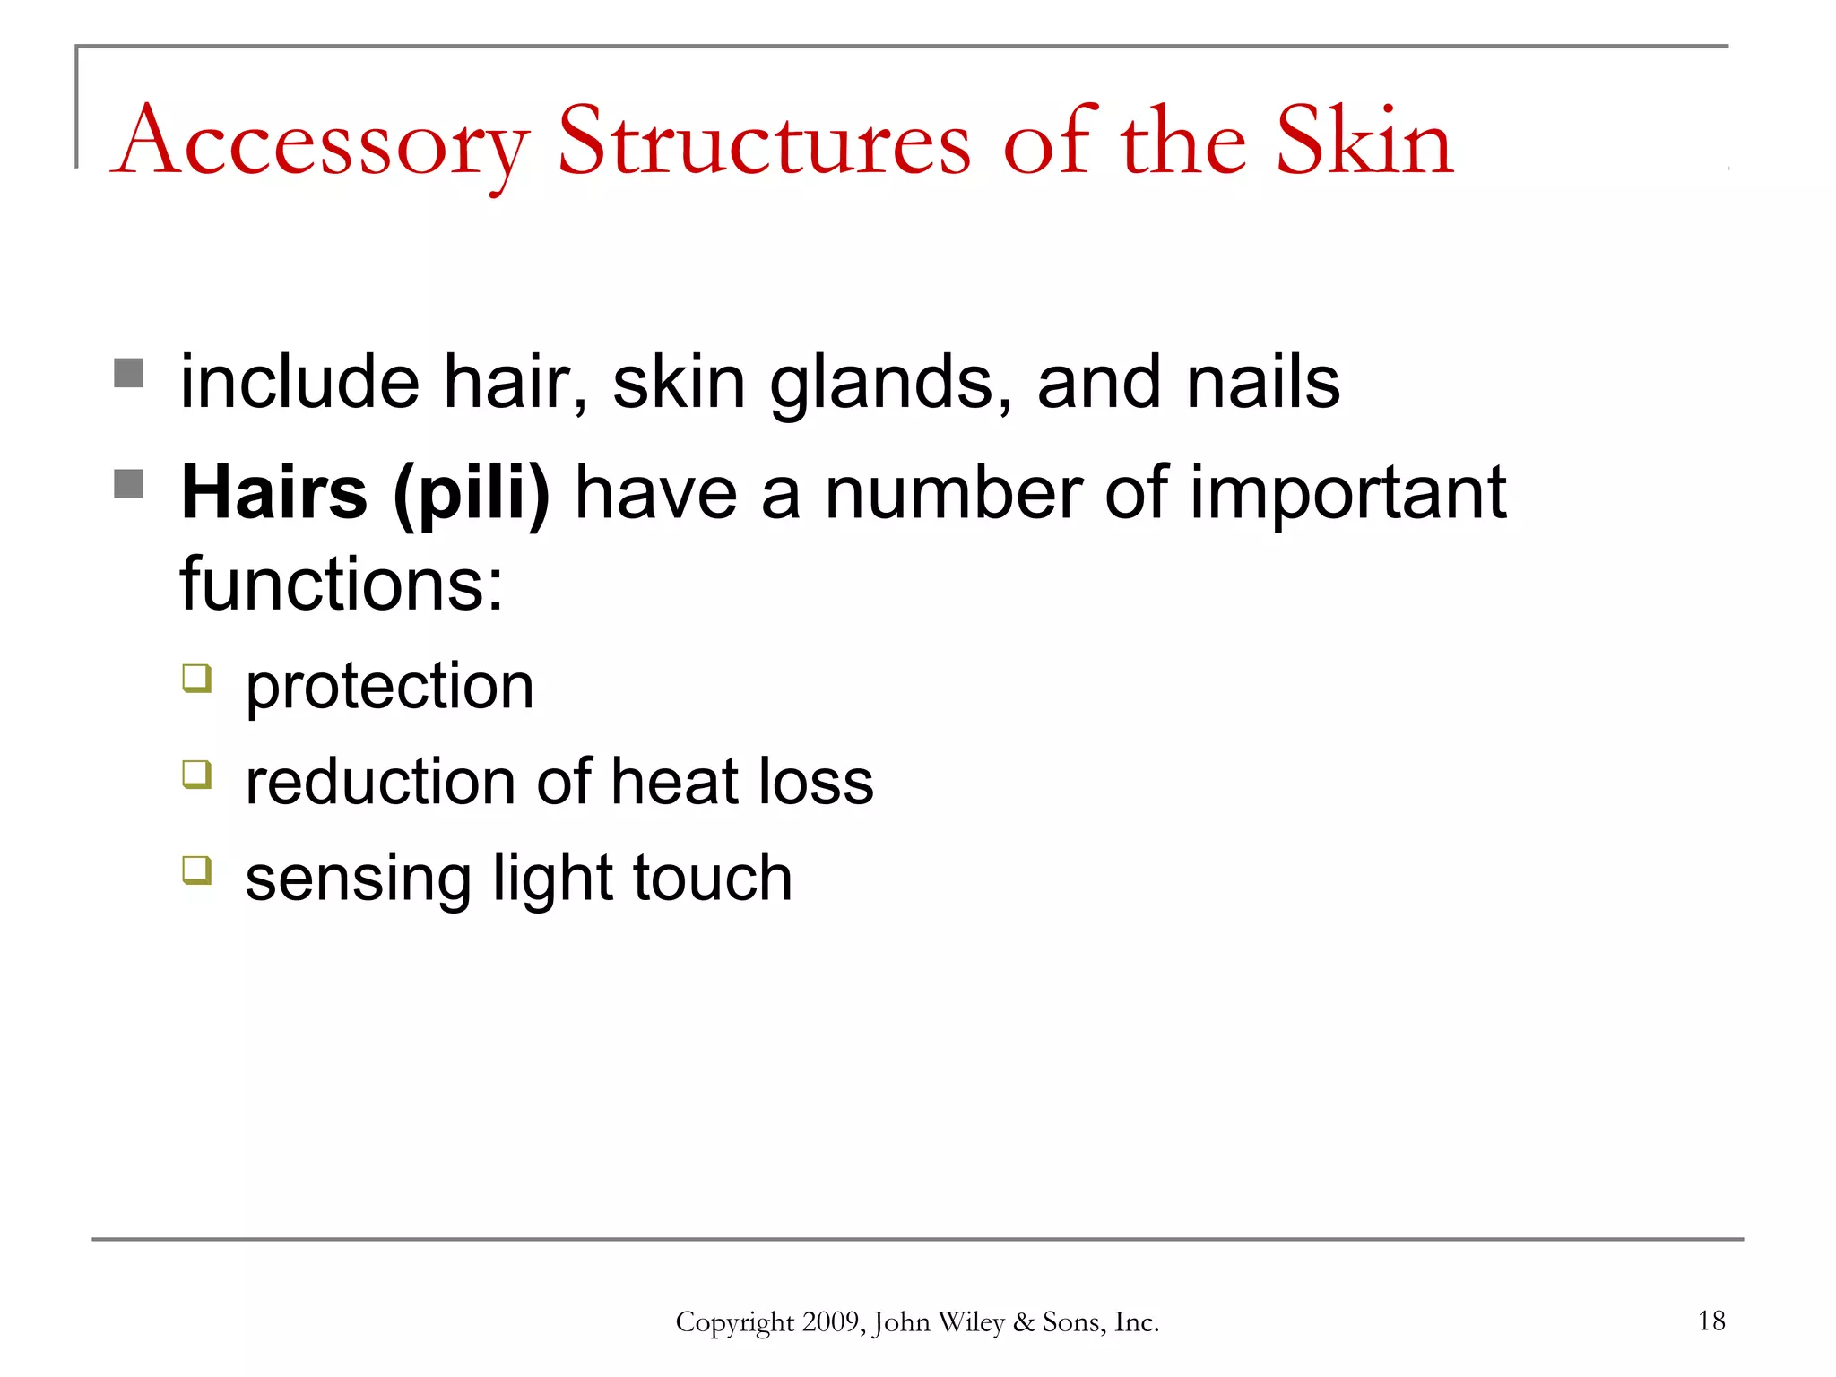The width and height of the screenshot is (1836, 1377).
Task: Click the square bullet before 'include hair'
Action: click(129, 373)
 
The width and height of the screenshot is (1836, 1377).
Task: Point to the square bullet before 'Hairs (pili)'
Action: click(129, 484)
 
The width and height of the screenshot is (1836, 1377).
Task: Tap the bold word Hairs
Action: click(274, 493)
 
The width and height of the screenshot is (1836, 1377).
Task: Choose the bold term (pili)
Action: click(472, 495)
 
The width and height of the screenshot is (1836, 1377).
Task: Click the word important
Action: click(1347, 495)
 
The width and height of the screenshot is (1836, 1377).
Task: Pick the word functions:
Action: click(342, 585)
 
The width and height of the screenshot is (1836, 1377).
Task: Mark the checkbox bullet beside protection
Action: click(197, 678)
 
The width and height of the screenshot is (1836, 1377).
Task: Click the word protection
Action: click(390, 688)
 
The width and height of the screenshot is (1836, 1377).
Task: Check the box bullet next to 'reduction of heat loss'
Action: click(197, 774)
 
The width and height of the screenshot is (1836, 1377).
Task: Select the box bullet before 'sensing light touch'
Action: click(197, 870)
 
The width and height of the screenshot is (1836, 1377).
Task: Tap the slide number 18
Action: click(1711, 1321)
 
